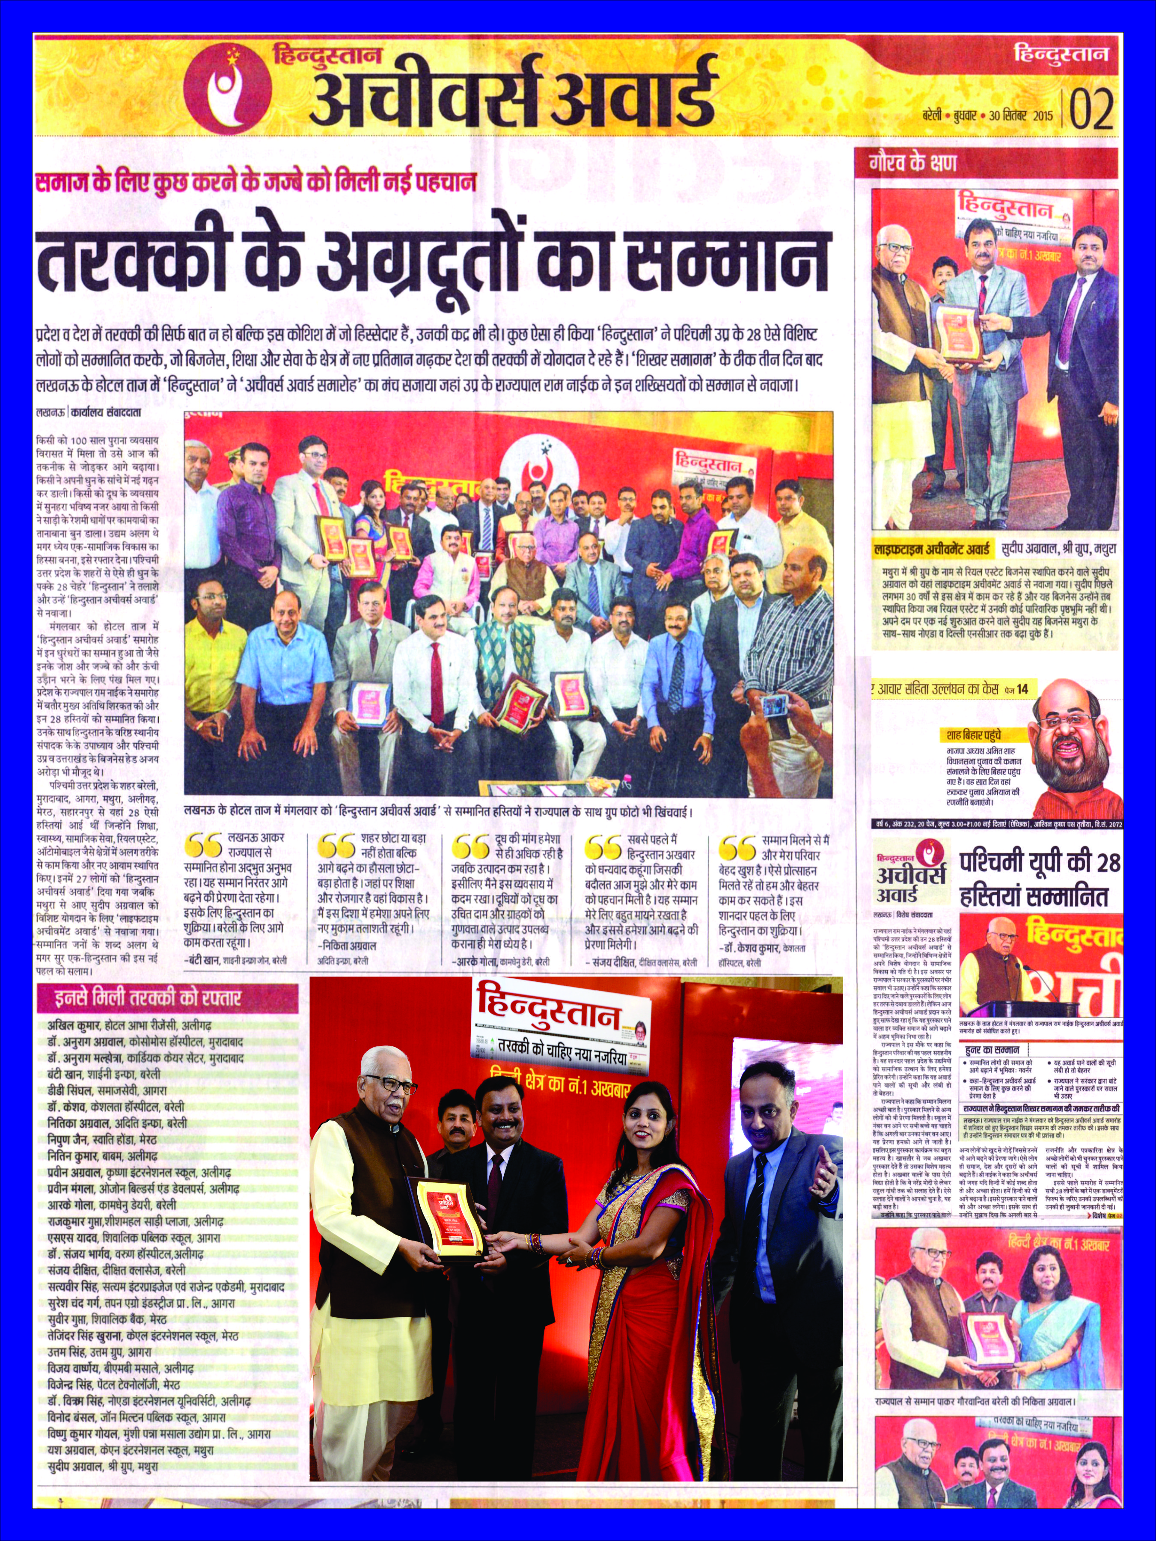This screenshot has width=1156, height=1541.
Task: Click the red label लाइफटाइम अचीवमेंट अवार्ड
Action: (932, 549)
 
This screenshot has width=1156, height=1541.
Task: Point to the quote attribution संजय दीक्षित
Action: (640, 962)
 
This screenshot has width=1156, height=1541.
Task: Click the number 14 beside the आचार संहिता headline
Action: (1022, 689)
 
